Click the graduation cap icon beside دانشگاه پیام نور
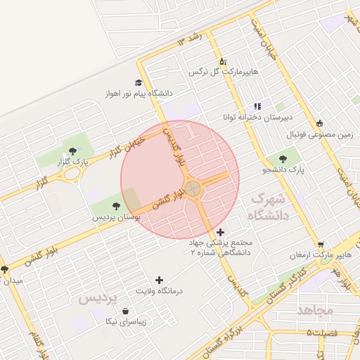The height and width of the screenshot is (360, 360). click(x=139, y=82)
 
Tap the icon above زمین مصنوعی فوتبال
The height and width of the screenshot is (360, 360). click(x=320, y=123)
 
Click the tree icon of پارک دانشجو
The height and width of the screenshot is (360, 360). click(x=283, y=159)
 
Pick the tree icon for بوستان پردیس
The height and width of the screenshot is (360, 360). click(x=116, y=206)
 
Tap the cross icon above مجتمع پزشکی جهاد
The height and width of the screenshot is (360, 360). click(x=221, y=232)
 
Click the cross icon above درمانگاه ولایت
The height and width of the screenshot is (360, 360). click(x=159, y=280)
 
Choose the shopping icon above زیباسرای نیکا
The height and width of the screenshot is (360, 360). click(x=125, y=311)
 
